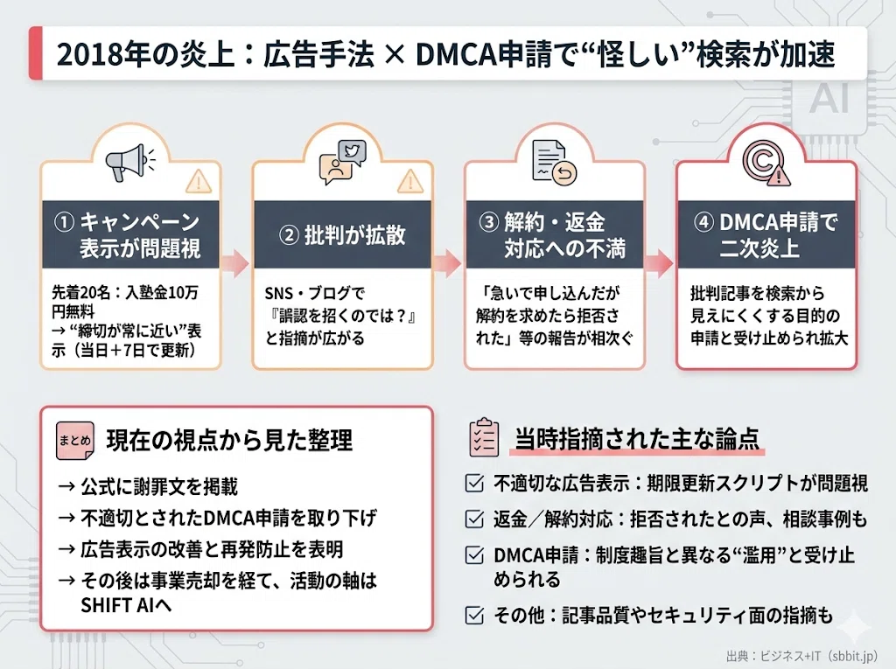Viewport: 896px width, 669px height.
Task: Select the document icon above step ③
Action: coord(554,163)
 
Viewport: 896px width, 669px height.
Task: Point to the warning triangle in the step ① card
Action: coord(199,181)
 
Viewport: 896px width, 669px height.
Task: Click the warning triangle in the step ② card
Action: coord(410,181)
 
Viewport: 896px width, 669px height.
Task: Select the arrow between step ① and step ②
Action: coord(234,263)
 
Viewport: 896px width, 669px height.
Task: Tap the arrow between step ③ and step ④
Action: coord(659,263)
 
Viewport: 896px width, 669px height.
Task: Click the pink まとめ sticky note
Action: coord(75,441)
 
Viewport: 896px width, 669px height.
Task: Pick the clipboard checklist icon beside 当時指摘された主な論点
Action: coord(483,437)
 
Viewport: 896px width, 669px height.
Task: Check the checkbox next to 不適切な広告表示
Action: coord(474,484)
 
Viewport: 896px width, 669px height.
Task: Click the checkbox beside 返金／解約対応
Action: coord(474,519)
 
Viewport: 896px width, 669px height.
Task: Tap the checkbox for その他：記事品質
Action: coord(474,615)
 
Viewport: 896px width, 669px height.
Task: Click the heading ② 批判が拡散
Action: coord(342,235)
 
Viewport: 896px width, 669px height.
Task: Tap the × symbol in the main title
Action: coord(394,55)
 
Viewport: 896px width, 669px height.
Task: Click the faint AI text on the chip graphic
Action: coord(829,98)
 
